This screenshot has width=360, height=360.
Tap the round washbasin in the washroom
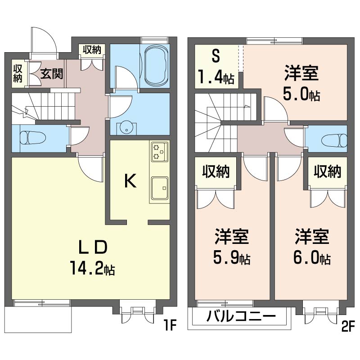pos(126,129)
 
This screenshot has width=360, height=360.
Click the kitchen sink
pos(159,187)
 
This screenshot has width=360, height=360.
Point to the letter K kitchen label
pos(130,181)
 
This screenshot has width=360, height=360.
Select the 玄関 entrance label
pos(52,73)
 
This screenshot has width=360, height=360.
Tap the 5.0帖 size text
pos(301,95)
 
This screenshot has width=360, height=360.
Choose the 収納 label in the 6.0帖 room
pos(328,171)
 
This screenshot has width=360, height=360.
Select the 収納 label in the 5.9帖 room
pos(216,171)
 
